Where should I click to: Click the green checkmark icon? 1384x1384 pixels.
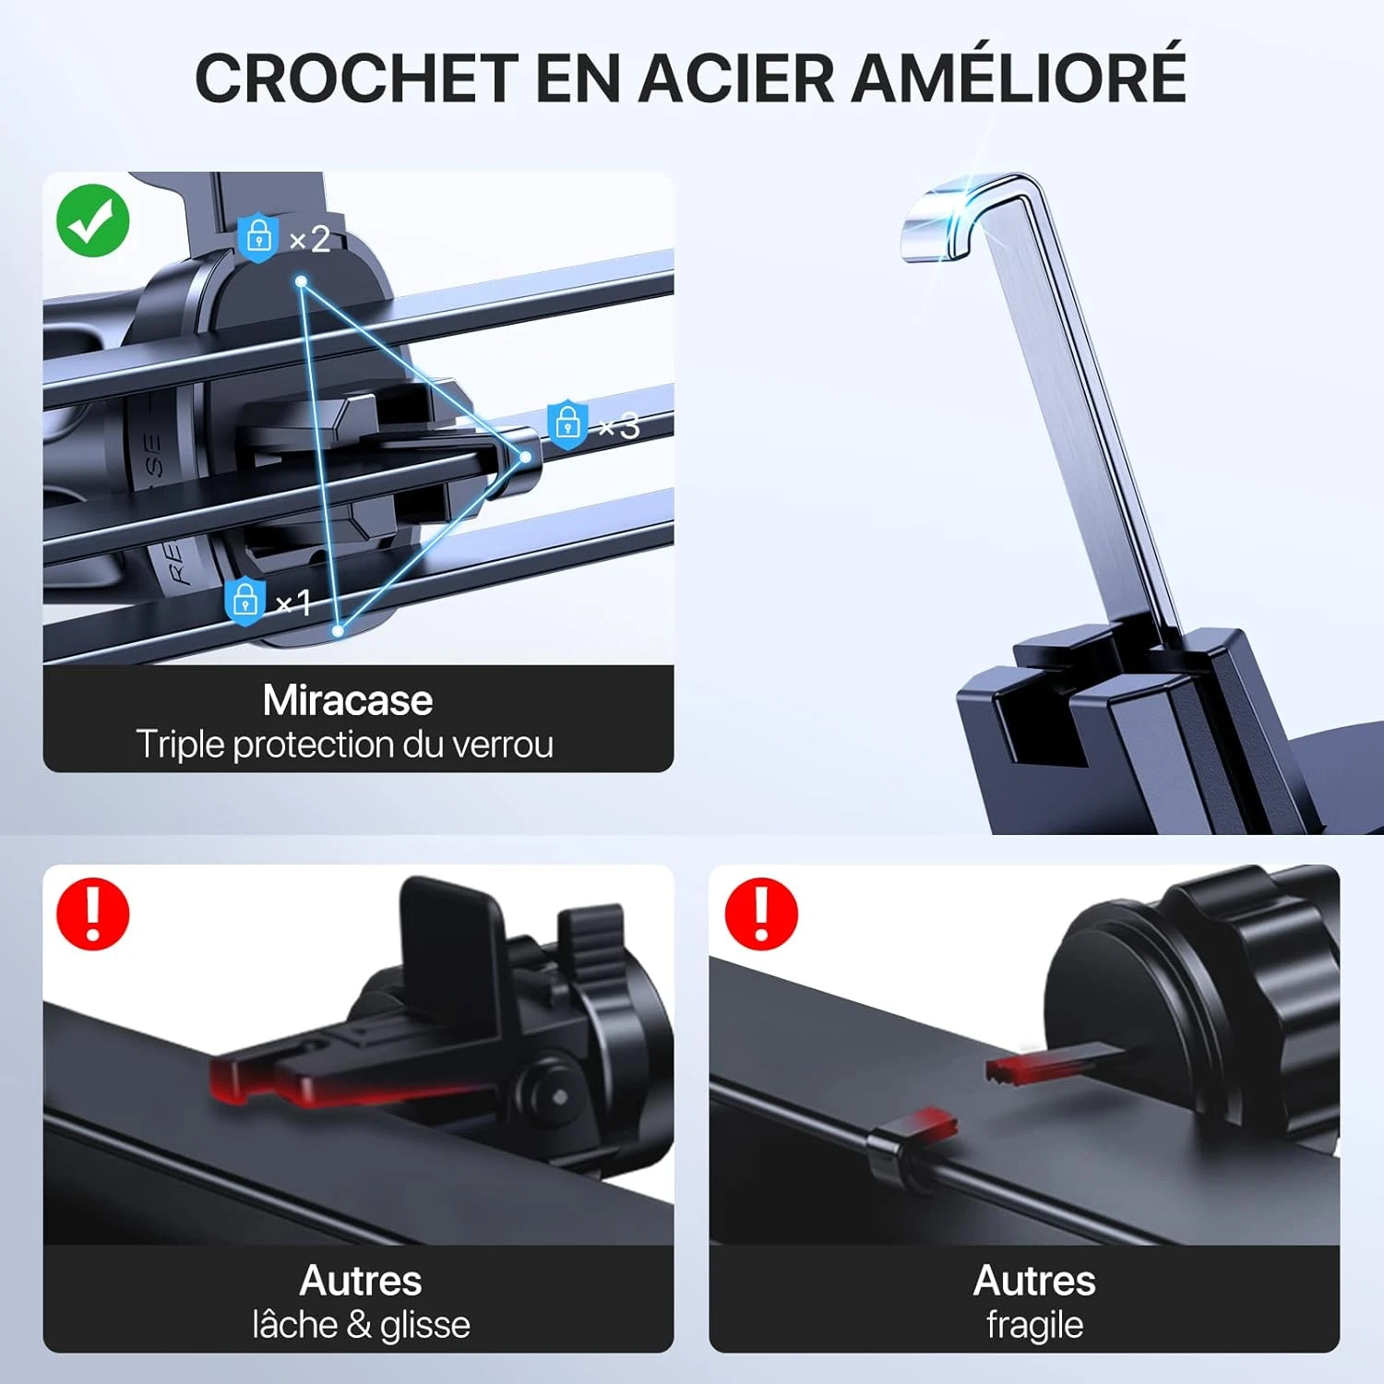tap(93, 221)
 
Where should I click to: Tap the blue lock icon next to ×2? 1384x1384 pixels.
tap(258, 236)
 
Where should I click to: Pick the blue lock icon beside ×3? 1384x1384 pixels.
tap(567, 423)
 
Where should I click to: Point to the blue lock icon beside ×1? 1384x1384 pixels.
tap(245, 601)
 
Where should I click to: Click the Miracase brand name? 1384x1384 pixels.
tap(348, 700)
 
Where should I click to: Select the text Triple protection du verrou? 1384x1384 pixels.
tap(345, 745)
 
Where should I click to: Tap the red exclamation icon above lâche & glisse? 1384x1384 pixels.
tap(92, 913)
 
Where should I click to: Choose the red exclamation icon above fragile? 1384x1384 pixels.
tap(760, 913)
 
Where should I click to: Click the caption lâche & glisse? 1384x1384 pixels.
tap(361, 1325)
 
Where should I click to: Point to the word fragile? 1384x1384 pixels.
tap(1034, 1325)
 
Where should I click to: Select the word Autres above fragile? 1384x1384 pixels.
tap(1034, 1281)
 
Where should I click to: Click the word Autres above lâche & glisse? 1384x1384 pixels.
tap(361, 1281)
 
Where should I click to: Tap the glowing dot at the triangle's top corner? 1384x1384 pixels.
tap(302, 281)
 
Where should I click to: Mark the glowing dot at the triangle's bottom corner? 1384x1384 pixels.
tap(338, 630)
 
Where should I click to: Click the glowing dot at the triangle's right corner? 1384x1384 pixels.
tap(525, 457)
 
